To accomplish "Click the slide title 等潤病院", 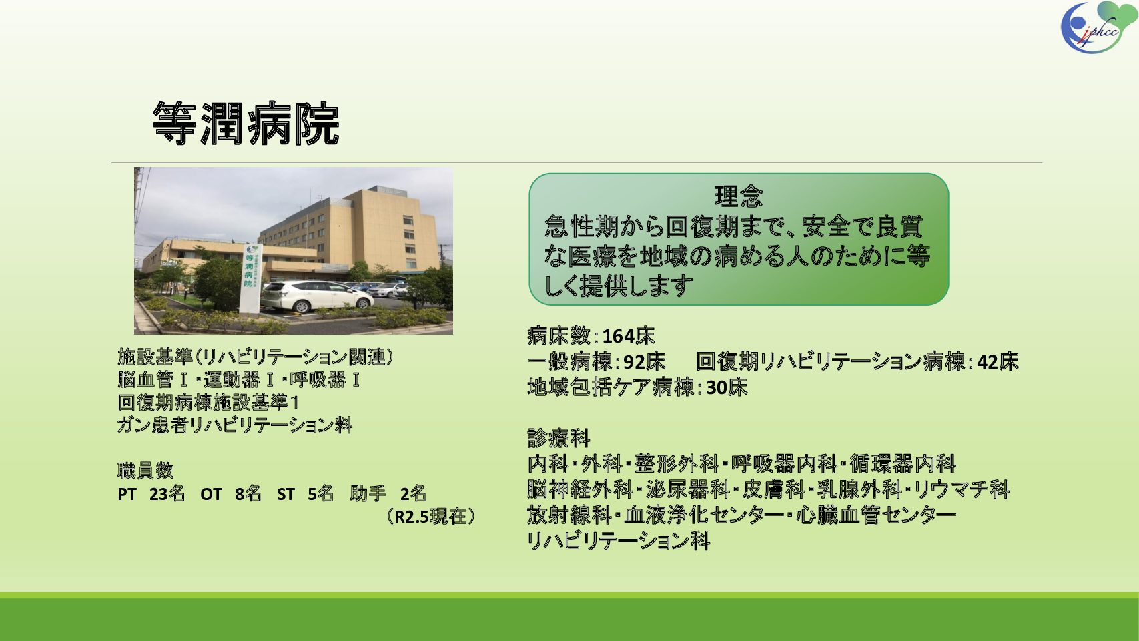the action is click(x=246, y=123).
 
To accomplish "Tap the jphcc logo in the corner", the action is click(x=1098, y=27).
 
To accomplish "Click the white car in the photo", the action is click(x=317, y=296).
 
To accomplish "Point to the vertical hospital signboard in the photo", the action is click(x=250, y=278).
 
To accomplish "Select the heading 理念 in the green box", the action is click(x=739, y=196).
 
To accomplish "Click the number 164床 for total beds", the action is click(x=629, y=336).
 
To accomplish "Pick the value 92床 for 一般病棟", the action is click(x=645, y=362).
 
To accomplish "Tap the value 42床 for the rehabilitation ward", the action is click(x=998, y=362).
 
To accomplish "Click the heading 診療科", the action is click(x=558, y=438).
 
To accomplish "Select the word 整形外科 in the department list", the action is click(x=677, y=464).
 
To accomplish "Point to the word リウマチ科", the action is click(x=962, y=490).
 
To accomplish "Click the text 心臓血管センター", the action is click(x=875, y=515).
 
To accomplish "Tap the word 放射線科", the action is click(x=569, y=515).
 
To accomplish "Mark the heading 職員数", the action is click(x=145, y=471).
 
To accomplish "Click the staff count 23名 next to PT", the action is click(x=167, y=494).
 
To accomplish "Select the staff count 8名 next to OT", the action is click(x=248, y=494).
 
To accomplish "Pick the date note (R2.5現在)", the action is click(x=430, y=517).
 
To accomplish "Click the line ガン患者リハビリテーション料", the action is click(x=234, y=425).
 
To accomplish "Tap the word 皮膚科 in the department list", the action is click(x=773, y=490).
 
